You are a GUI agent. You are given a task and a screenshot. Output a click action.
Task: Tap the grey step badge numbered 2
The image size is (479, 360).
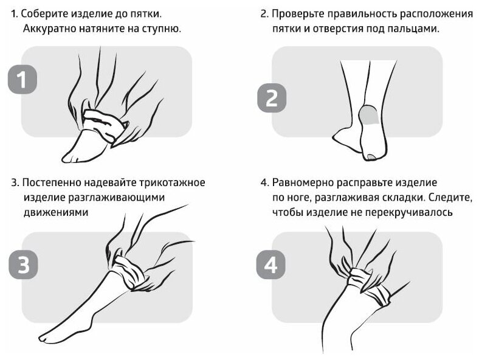tap(272, 97)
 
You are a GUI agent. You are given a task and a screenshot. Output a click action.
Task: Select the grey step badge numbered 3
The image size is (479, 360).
tap(23, 266)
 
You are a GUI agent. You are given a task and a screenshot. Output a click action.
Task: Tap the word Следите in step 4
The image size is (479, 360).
tap(450, 197)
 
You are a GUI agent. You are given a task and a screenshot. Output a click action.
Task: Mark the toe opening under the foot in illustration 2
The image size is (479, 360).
tap(370, 157)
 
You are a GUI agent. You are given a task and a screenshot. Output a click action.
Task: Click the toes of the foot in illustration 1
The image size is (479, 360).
tap(71, 157)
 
